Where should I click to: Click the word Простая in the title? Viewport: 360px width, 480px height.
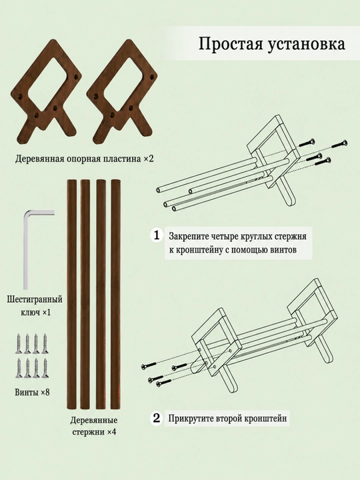tap(231, 44)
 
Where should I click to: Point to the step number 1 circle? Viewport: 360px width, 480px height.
tap(157, 236)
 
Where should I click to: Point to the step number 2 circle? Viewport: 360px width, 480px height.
tap(157, 418)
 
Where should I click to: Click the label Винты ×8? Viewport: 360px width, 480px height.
tap(32, 392)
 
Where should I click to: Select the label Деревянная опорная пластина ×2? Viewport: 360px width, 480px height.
tap(84, 159)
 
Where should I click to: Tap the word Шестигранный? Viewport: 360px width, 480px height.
tap(35, 299)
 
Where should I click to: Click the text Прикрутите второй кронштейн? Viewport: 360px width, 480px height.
tap(228, 418)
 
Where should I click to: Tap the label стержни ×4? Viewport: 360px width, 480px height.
tap(94, 432)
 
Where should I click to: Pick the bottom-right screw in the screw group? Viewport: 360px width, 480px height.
tap(45, 367)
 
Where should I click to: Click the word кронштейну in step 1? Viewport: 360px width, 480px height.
tap(197, 250)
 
